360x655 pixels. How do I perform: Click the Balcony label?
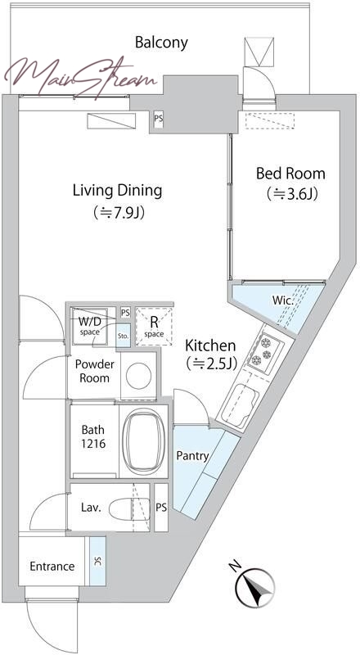[x=162, y=43]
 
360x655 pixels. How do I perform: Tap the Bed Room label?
[x=290, y=173]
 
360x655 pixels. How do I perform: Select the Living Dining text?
[x=117, y=191]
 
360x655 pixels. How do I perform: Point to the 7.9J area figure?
[x=119, y=213]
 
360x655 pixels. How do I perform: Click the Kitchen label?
[x=210, y=346]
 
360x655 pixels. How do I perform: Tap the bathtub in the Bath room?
[x=144, y=440]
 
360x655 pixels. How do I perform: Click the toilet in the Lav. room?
[x=129, y=508]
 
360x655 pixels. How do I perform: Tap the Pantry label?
[x=192, y=456]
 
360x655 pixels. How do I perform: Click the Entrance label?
[x=52, y=567]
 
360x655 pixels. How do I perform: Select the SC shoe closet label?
[x=97, y=562]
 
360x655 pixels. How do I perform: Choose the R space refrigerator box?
[x=154, y=327]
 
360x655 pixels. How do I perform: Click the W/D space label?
[x=90, y=326]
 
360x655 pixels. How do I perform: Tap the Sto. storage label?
[x=124, y=336]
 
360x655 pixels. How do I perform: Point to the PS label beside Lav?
[x=161, y=508]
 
